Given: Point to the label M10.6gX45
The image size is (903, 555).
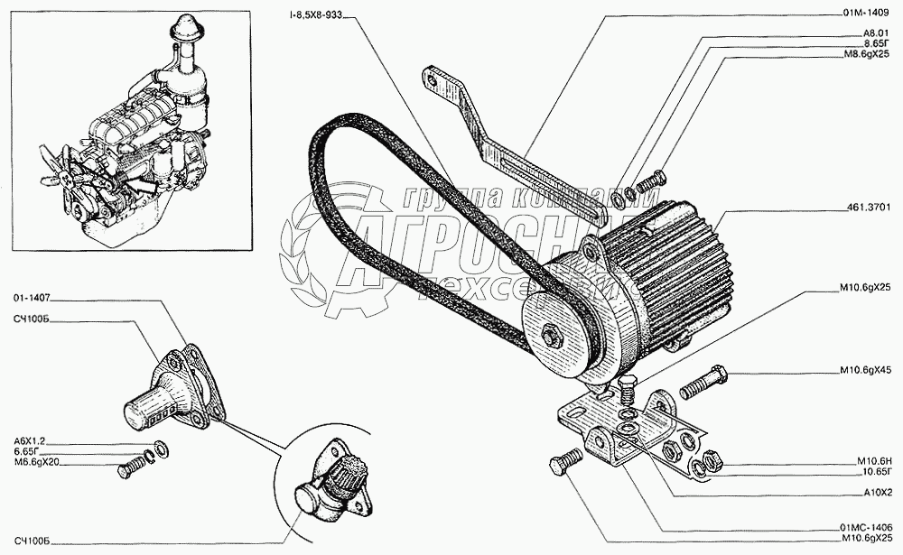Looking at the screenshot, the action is coord(865,372).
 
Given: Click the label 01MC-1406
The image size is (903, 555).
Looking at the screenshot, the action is coord(865,527).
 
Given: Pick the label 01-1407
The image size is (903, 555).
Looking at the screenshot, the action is coord(32,296).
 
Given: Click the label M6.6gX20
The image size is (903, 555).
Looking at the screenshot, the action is coord(35,463).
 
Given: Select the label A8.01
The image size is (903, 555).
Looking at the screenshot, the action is coord(876,32).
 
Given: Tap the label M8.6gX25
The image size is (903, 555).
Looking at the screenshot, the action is coord(866,55).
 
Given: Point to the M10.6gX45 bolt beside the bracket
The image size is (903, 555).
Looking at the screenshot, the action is coord(703,383).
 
